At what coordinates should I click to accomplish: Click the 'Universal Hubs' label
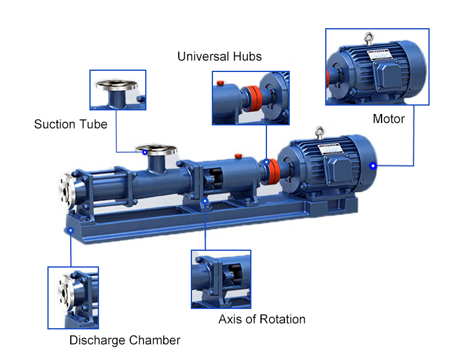point(220,57)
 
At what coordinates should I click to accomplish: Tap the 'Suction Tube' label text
point(71,125)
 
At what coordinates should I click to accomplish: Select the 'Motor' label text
point(389,119)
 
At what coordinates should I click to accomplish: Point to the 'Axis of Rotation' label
point(262,319)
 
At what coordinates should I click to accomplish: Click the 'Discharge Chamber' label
point(125,341)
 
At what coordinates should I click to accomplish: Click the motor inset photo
point(377,67)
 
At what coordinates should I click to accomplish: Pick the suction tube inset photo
point(118,90)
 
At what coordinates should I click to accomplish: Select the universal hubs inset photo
point(250,98)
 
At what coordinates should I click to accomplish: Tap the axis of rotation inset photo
point(221,279)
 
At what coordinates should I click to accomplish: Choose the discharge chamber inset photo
point(73,298)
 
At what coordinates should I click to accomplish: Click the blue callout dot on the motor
point(373,166)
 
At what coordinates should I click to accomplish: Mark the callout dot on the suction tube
point(145,152)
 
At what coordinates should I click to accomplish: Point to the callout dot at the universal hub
point(266,161)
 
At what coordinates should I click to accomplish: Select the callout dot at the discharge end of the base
point(71,229)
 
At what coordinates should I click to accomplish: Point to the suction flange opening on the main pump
point(155,147)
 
